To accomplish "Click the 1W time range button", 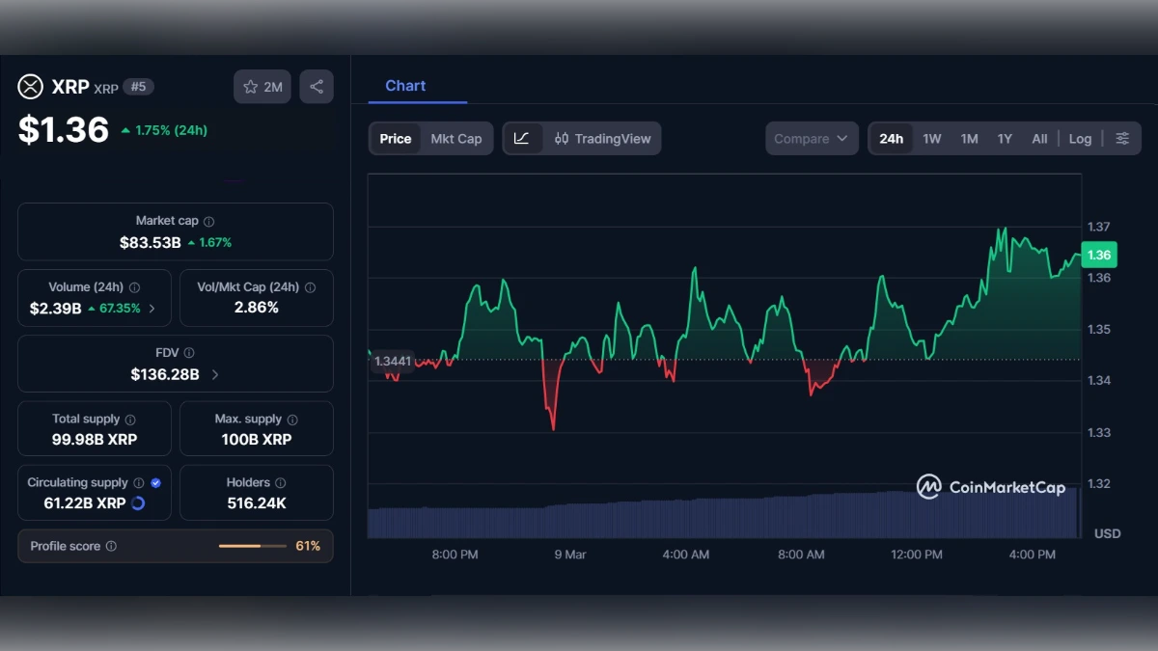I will tap(931, 139).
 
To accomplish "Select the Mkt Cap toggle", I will tap(455, 139).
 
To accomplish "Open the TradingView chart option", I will tap(602, 139).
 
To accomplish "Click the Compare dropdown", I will tap(812, 139).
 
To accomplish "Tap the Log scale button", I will tap(1080, 139).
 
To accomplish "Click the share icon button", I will tap(317, 87).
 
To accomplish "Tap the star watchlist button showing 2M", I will tap(262, 87).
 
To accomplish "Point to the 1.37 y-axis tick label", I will tap(1098, 227).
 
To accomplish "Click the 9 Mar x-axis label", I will tap(569, 555).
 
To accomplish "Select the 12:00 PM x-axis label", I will tap(916, 555).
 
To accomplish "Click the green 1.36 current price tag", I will tap(1098, 256).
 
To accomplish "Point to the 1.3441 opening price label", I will tap(393, 362).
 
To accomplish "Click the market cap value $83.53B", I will tap(151, 243).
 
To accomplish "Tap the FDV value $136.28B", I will tap(165, 374).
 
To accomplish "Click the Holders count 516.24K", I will tap(256, 503).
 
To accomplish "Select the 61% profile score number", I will tap(308, 546).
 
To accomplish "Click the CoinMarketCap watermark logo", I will tap(991, 487).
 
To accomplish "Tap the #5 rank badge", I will tap(139, 87).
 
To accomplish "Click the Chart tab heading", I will tap(405, 86).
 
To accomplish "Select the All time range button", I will tap(1039, 139).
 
